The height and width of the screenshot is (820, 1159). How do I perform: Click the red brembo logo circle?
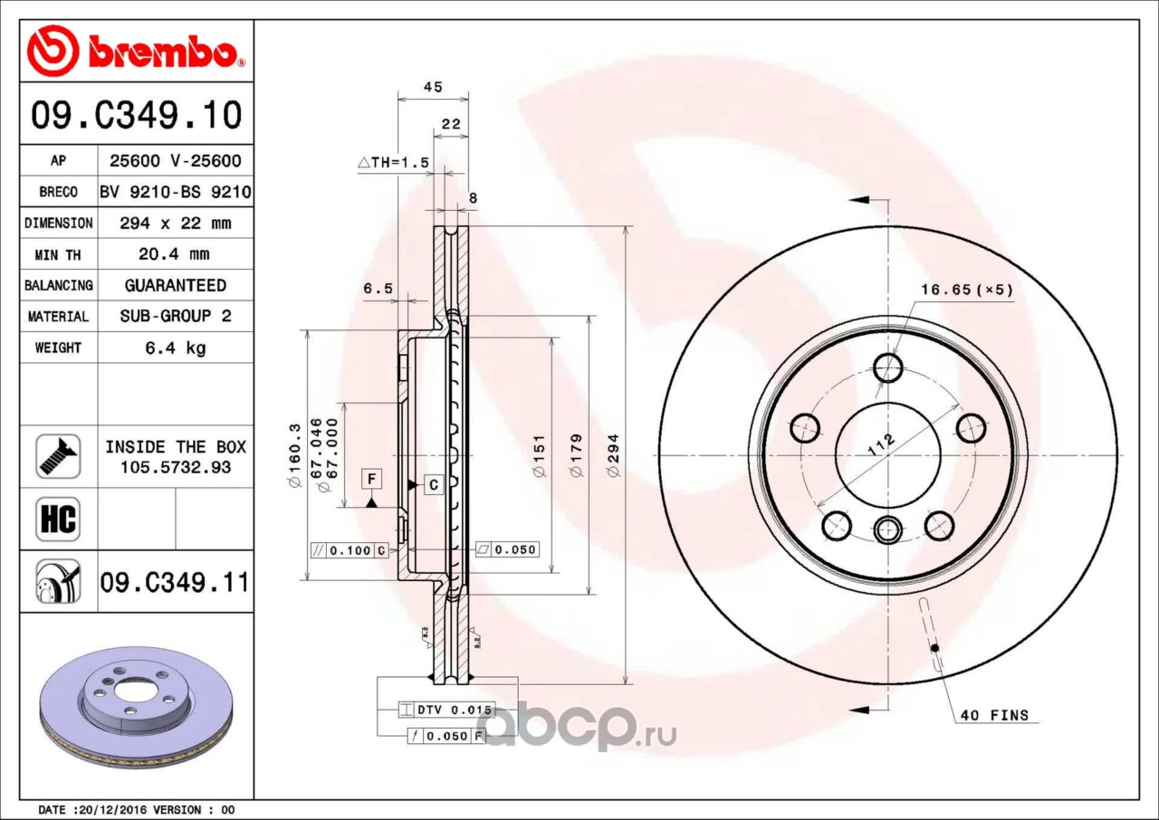tap(53, 51)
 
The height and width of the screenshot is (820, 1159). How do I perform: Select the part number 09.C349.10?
tap(137, 114)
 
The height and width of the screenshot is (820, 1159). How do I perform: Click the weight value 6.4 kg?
tap(176, 348)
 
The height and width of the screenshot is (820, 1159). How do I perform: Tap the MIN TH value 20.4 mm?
tap(175, 253)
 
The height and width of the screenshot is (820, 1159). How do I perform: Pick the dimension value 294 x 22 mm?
tap(176, 223)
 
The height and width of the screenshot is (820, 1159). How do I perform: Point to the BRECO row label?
tap(59, 192)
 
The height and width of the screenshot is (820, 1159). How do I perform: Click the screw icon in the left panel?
tap(58, 456)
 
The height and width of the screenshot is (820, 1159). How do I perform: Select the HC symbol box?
tap(58, 519)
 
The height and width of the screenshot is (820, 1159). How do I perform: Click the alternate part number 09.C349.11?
tap(175, 582)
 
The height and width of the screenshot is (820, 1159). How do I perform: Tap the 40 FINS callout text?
tap(994, 715)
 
